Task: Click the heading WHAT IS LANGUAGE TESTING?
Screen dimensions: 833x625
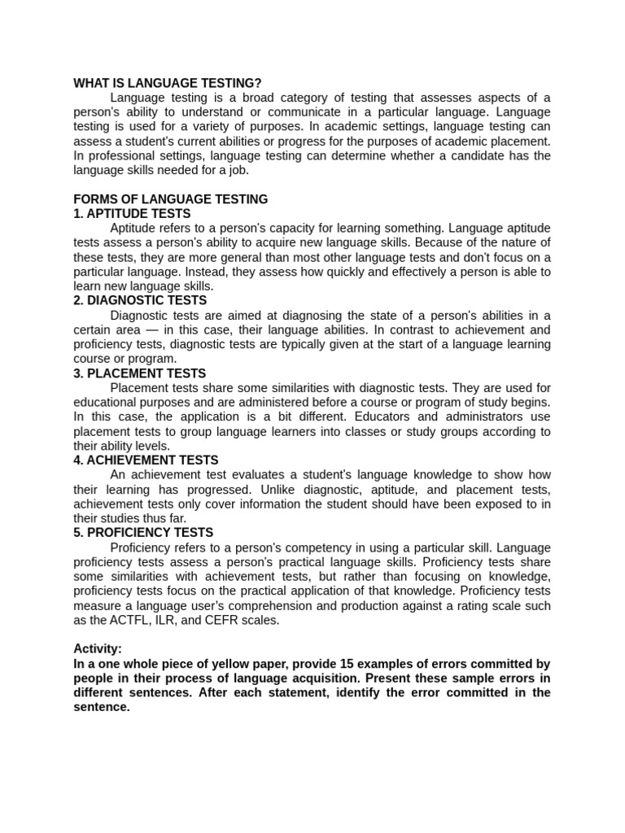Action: [x=168, y=83]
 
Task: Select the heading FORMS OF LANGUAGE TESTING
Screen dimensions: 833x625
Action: [x=170, y=199]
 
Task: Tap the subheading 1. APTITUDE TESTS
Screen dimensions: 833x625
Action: [x=132, y=214]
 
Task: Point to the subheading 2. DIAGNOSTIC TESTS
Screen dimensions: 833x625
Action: [x=140, y=300]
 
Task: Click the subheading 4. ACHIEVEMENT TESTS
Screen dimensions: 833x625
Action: [x=146, y=460]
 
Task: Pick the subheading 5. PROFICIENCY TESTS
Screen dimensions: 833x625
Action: [x=144, y=533]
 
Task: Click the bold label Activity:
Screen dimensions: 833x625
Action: [x=98, y=649]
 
